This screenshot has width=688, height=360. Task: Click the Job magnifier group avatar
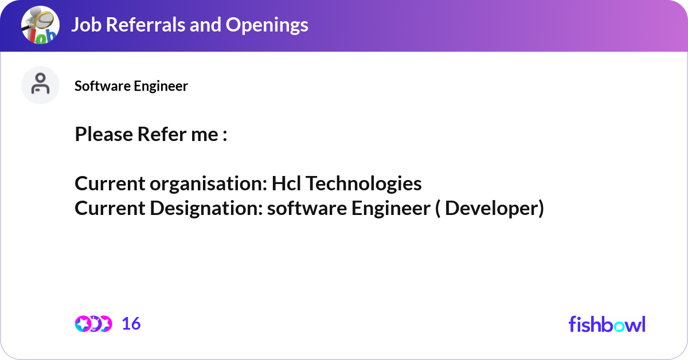point(40,25)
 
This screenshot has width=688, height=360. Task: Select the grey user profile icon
point(40,85)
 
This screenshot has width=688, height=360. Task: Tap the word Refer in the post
point(162,134)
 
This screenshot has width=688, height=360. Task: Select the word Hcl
point(286,183)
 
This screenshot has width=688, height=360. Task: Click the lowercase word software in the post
point(307,208)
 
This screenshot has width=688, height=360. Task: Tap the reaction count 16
point(131,324)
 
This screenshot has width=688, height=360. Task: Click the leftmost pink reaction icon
point(83,324)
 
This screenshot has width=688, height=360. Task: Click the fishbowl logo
point(607,324)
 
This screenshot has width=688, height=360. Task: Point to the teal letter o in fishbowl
point(619,327)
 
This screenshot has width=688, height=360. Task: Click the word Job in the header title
point(87,25)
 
